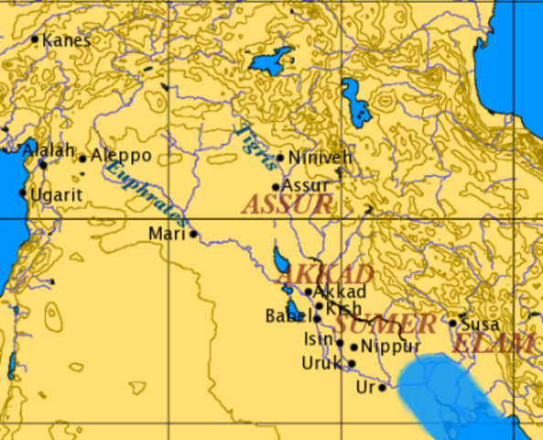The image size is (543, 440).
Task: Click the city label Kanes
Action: (x=67, y=40)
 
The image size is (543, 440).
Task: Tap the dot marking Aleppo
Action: (x=82, y=159)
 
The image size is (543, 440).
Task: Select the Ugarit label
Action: (x=57, y=194)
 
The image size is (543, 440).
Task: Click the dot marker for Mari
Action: (x=193, y=234)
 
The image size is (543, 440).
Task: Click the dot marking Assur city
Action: (x=275, y=187)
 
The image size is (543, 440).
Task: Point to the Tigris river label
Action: (x=255, y=147)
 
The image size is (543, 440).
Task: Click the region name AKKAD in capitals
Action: (x=325, y=274)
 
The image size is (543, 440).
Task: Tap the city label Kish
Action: (x=342, y=309)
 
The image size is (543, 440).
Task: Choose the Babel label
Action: (x=288, y=317)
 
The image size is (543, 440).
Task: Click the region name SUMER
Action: (x=385, y=324)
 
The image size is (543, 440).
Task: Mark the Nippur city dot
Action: (x=353, y=347)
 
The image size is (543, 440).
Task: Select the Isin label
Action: (x=318, y=340)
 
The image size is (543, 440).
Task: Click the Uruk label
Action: (x=320, y=363)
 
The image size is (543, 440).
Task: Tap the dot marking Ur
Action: (x=382, y=388)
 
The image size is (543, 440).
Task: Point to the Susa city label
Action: (x=480, y=324)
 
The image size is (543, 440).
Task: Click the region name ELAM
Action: (x=494, y=345)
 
